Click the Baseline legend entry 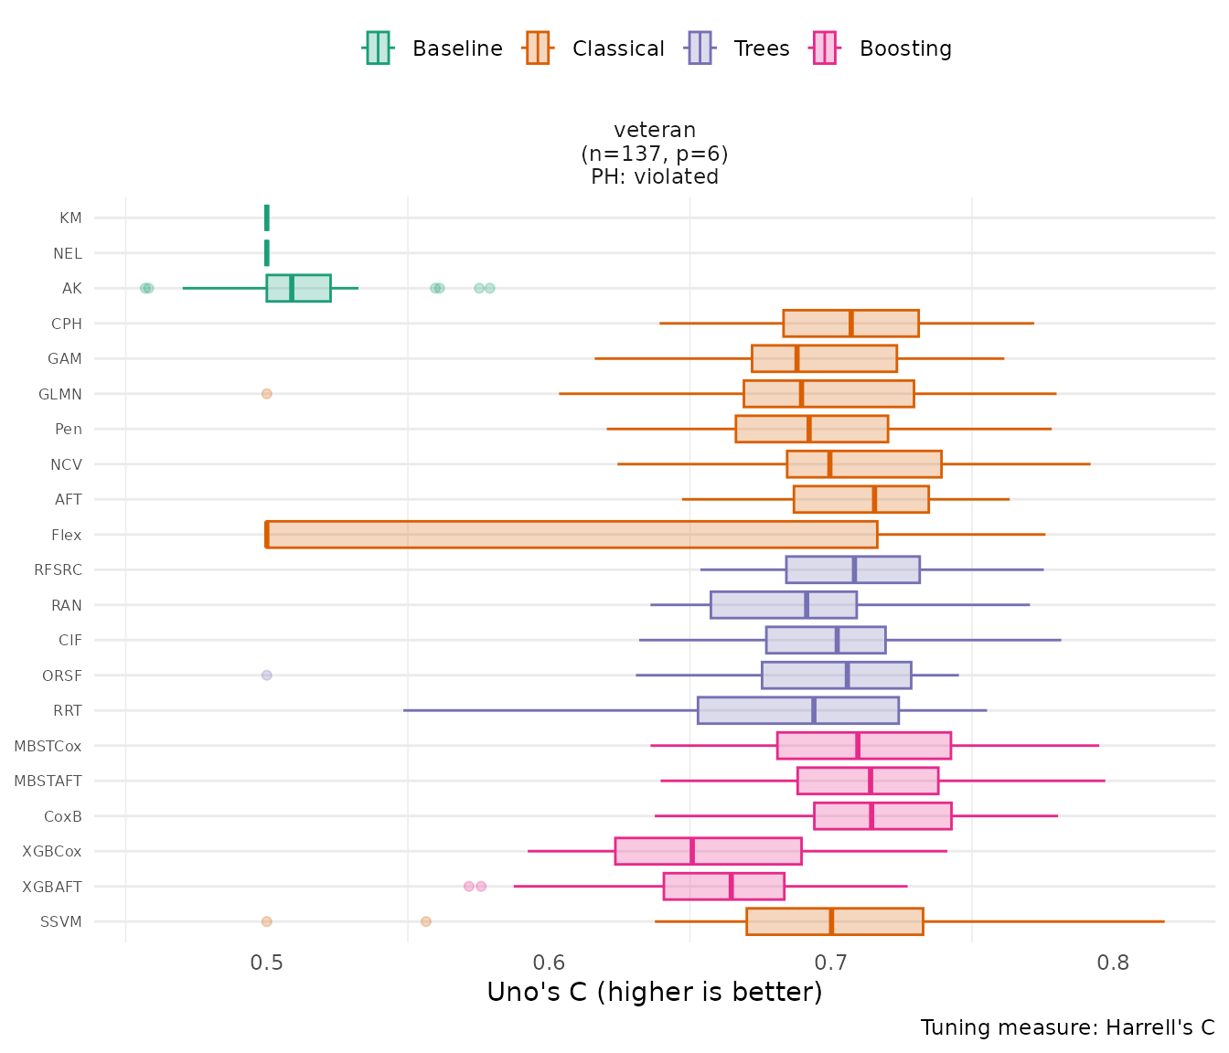pos(433,48)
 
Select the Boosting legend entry pos(882,48)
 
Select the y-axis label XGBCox pos(52,851)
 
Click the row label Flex pos(67,535)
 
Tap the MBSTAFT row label pos(48,781)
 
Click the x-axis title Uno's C pos(654,993)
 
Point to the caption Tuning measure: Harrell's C pos(1067,1027)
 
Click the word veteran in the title pos(655,130)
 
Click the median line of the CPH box pos(850,324)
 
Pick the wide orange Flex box pos(572,535)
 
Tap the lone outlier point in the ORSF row pos(267,675)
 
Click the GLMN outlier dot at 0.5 pos(267,394)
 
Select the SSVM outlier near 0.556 pos(426,921)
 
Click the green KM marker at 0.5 pos(267,218)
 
